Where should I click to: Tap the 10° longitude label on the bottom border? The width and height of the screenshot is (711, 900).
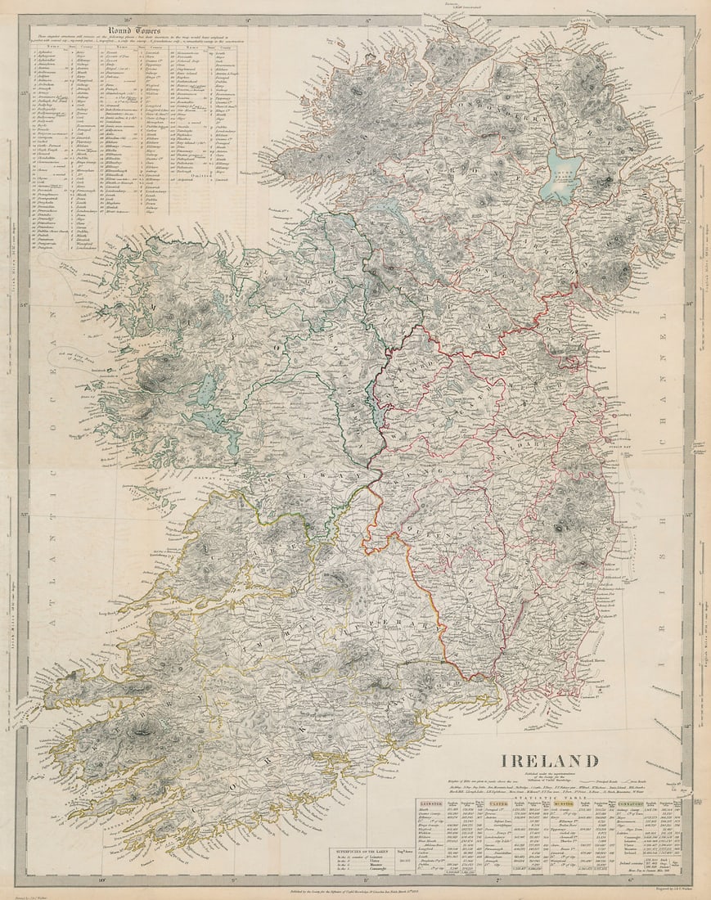coord(102,881)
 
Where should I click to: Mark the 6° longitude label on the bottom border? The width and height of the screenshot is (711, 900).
coord(630,881)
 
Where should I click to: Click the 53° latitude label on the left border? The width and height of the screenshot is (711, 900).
coord(24,515)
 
